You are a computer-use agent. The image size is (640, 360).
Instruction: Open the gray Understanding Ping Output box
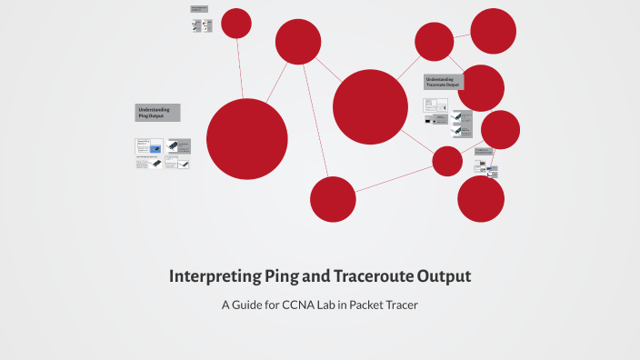pyautogui.click(x=157, y=113)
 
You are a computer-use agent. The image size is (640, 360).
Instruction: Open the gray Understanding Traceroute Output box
pyautogui.click(x=442, y=82)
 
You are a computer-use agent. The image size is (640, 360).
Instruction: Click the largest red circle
pyautogui.click(x=247, y=139)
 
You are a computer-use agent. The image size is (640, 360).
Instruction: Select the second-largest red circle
pyautogui.click(x=370, y=106)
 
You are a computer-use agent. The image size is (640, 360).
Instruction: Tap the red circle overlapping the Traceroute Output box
pyautogui.click(x=481, y=88)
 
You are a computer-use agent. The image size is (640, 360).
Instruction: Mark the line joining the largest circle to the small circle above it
pyautogui.click(x=241, y=68)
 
